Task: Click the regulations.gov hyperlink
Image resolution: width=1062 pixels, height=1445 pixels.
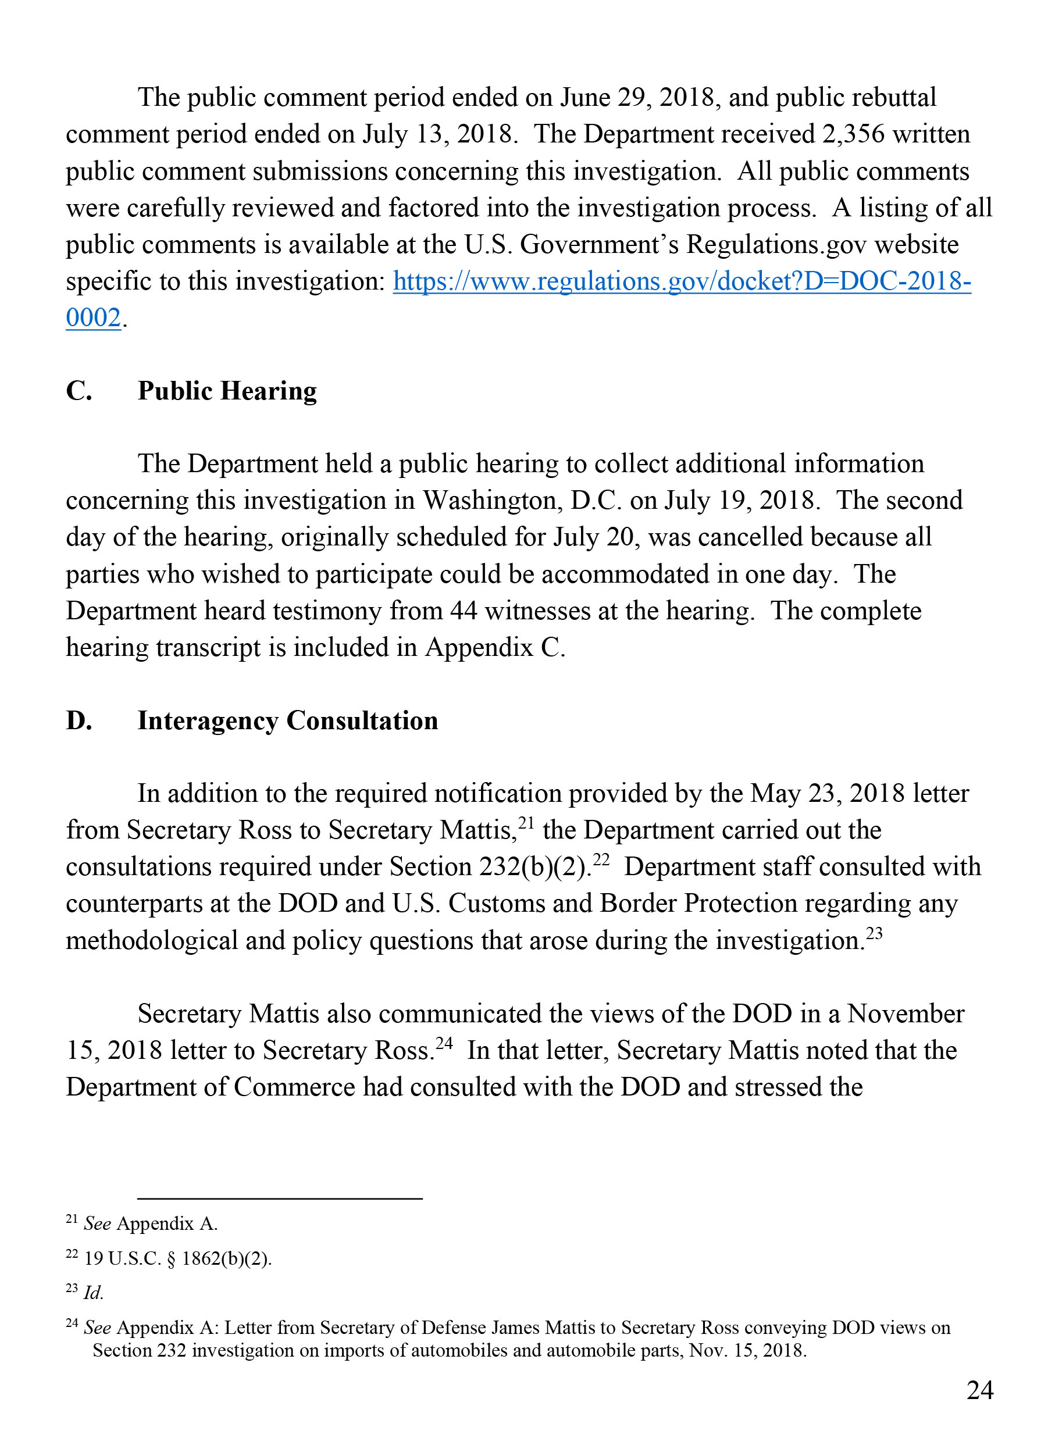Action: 682,281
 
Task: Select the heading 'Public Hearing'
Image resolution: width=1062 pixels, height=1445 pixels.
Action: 227,391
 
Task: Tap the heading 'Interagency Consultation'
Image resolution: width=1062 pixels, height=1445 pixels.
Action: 287,720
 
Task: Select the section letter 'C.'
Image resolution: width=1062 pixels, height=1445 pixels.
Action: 79,391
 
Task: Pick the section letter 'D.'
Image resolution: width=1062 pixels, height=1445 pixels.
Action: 79,720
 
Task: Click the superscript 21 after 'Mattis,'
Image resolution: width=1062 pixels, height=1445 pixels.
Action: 526,822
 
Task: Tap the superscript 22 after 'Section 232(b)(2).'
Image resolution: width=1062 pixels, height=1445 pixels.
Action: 600,859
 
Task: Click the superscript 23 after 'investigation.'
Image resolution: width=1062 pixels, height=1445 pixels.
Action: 874,933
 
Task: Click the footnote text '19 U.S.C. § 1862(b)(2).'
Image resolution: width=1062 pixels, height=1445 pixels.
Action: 178,1258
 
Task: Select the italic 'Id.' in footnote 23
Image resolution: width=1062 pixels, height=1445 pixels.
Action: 93,1293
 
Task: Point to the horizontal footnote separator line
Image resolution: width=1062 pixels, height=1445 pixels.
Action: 280,1198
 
